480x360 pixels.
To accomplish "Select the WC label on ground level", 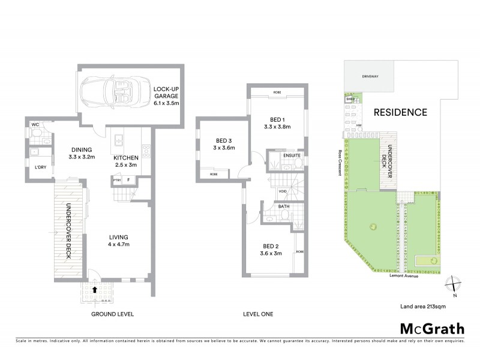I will coord(35,125).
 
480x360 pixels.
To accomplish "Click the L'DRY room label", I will coord(41,167).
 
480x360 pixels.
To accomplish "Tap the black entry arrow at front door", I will coord(94,289).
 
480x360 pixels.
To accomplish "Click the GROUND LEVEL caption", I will coord(112,314).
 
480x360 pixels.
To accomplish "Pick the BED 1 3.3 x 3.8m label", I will coord(277,123).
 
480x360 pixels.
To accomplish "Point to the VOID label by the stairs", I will coord(282,191).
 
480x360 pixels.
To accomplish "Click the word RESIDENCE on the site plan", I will coord(401,112).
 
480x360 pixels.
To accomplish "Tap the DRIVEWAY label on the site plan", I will coord(369,77).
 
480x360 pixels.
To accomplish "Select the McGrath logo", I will coord(432,328).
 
